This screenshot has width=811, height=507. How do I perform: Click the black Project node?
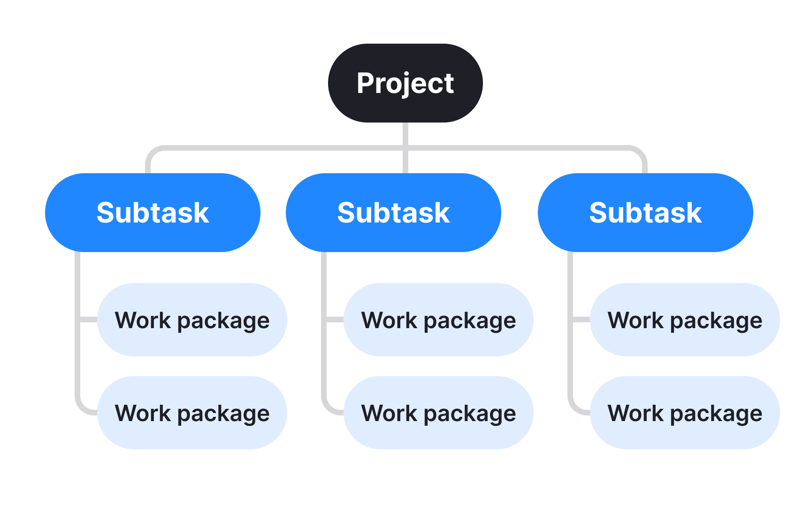[405, 83]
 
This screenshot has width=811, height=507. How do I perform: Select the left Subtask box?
[153, 213]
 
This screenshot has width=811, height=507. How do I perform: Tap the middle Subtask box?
[393, 213]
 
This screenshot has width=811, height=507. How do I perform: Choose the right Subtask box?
[645, 213]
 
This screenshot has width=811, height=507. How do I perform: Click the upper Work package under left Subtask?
[192, 320]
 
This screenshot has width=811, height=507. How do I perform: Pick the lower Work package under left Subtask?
[192, 413]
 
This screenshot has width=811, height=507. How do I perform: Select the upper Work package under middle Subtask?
[438, 320]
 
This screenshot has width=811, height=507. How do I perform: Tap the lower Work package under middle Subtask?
[438, 413]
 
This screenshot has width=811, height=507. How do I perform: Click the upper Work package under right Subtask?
[685, 320]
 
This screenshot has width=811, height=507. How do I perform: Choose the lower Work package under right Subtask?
[685, 413]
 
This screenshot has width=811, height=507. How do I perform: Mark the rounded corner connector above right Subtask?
[640, 154]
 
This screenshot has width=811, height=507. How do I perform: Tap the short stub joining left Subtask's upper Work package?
[88, 320]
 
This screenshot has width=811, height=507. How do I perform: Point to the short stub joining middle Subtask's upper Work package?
[335, 320]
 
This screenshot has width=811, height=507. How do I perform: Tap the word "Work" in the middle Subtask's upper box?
[389, 320]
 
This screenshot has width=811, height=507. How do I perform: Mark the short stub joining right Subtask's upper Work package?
[581, 320]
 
